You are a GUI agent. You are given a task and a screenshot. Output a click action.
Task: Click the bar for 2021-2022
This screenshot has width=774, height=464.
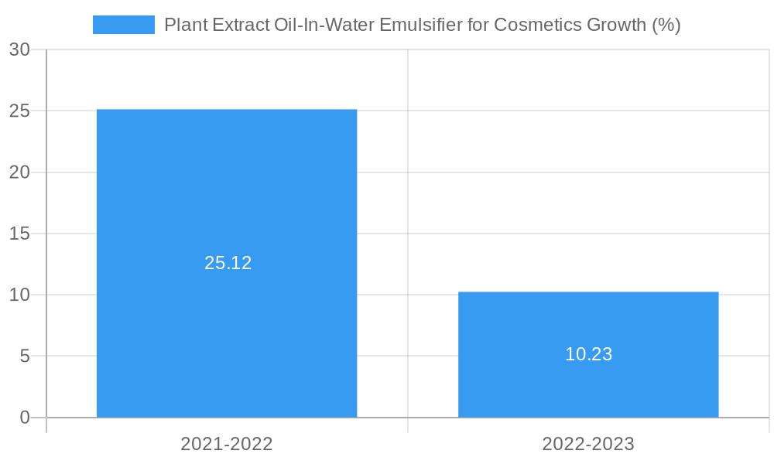pos(227,193)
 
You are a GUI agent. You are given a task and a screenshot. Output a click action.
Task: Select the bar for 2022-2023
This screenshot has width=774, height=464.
pos(588,325)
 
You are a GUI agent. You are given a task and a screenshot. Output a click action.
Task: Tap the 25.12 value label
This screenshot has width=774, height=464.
pos(228,263)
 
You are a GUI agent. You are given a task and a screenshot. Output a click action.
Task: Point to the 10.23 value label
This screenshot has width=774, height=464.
pos(588,354)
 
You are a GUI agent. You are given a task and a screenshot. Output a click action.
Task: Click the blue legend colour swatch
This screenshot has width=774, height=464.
pos(123,25)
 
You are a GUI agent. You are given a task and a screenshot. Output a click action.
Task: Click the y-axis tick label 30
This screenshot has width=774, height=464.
pos(19,49)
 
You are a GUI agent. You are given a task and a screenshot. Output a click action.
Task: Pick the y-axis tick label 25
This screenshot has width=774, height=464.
pos(19,111)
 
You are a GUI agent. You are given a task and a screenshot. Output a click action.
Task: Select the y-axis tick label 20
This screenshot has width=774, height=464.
pos(19,172)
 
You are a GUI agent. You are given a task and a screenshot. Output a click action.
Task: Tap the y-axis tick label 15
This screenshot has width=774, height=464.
pos(19,234)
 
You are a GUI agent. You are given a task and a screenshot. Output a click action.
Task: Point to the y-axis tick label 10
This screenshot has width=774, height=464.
pos(19,295)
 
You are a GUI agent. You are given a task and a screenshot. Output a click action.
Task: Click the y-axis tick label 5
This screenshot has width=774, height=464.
pos(24,356)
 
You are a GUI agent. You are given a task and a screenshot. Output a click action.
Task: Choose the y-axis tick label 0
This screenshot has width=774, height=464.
pos(24,418)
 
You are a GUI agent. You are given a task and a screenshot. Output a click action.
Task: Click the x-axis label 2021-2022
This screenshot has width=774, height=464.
pos(227,444)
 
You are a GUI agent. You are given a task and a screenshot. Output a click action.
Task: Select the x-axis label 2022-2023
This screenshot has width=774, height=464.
pos(588,444)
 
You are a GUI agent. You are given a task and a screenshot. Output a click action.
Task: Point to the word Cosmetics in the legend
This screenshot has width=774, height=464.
pos(534,25)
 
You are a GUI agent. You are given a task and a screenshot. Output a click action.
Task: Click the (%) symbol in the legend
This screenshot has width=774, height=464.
pos(666,25)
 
